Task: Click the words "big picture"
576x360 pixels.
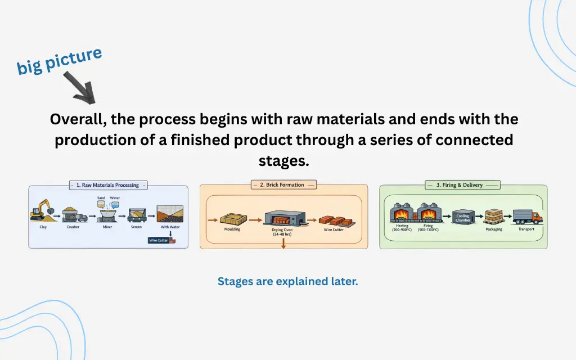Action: point(59,61)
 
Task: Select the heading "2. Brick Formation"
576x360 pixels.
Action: point(283,184)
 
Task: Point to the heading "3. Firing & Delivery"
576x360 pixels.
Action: point(459,184)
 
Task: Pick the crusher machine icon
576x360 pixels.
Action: point(73,214)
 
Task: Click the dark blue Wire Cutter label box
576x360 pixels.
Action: point(159,240)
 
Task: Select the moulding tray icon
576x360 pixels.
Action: point(232,219)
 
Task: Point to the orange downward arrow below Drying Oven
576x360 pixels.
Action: point(283,244)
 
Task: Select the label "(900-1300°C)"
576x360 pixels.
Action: point(428,230)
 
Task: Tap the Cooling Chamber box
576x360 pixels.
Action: point(462,218)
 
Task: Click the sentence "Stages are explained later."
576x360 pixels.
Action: point(287,281)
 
